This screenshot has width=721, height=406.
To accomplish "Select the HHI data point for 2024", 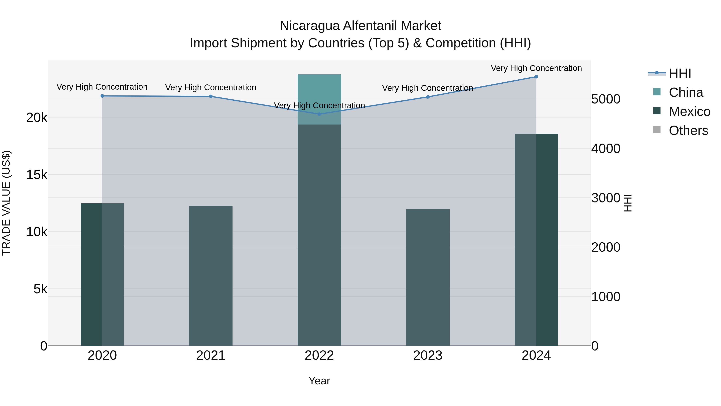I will pos(536,77).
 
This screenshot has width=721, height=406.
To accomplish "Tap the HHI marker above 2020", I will pos(102,96).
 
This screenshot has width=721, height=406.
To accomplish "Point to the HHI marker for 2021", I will pos(211,96).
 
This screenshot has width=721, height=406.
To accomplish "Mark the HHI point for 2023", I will pos(428,97).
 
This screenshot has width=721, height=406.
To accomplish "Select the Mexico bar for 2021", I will pos(211,276).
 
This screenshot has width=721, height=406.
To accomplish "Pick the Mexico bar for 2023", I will pos(428,277).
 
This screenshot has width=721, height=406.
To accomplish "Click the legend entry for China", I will pos(686,92).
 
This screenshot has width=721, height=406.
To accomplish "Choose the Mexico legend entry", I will pos(689,111).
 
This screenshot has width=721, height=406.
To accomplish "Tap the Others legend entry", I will pos(688,131).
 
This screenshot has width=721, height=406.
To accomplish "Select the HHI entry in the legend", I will pos(680,73).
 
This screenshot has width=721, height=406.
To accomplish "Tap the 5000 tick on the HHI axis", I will pos(606,99).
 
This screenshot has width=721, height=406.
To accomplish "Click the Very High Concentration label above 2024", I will pos(536,68).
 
